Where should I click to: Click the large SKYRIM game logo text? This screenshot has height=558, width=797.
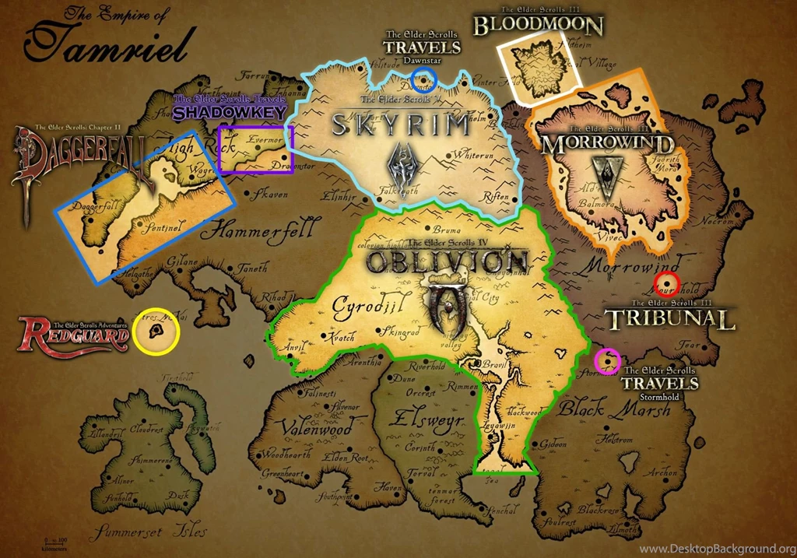click(402, 125)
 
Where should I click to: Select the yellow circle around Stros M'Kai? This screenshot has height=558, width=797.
click(156, 332)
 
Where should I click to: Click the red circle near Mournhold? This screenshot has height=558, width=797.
click(666, 283)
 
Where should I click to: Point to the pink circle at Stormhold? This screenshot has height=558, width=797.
click(607, 360)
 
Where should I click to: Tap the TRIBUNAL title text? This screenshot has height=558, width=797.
click(669, 319)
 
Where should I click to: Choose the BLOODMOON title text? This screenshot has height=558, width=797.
click(539, 26)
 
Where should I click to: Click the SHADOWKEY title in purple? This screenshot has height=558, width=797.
click(230, 112)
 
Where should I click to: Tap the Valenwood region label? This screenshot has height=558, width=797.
click(311, 427)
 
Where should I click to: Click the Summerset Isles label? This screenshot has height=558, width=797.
click(149, 532)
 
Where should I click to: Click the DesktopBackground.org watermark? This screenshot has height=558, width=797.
click(716, 549)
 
